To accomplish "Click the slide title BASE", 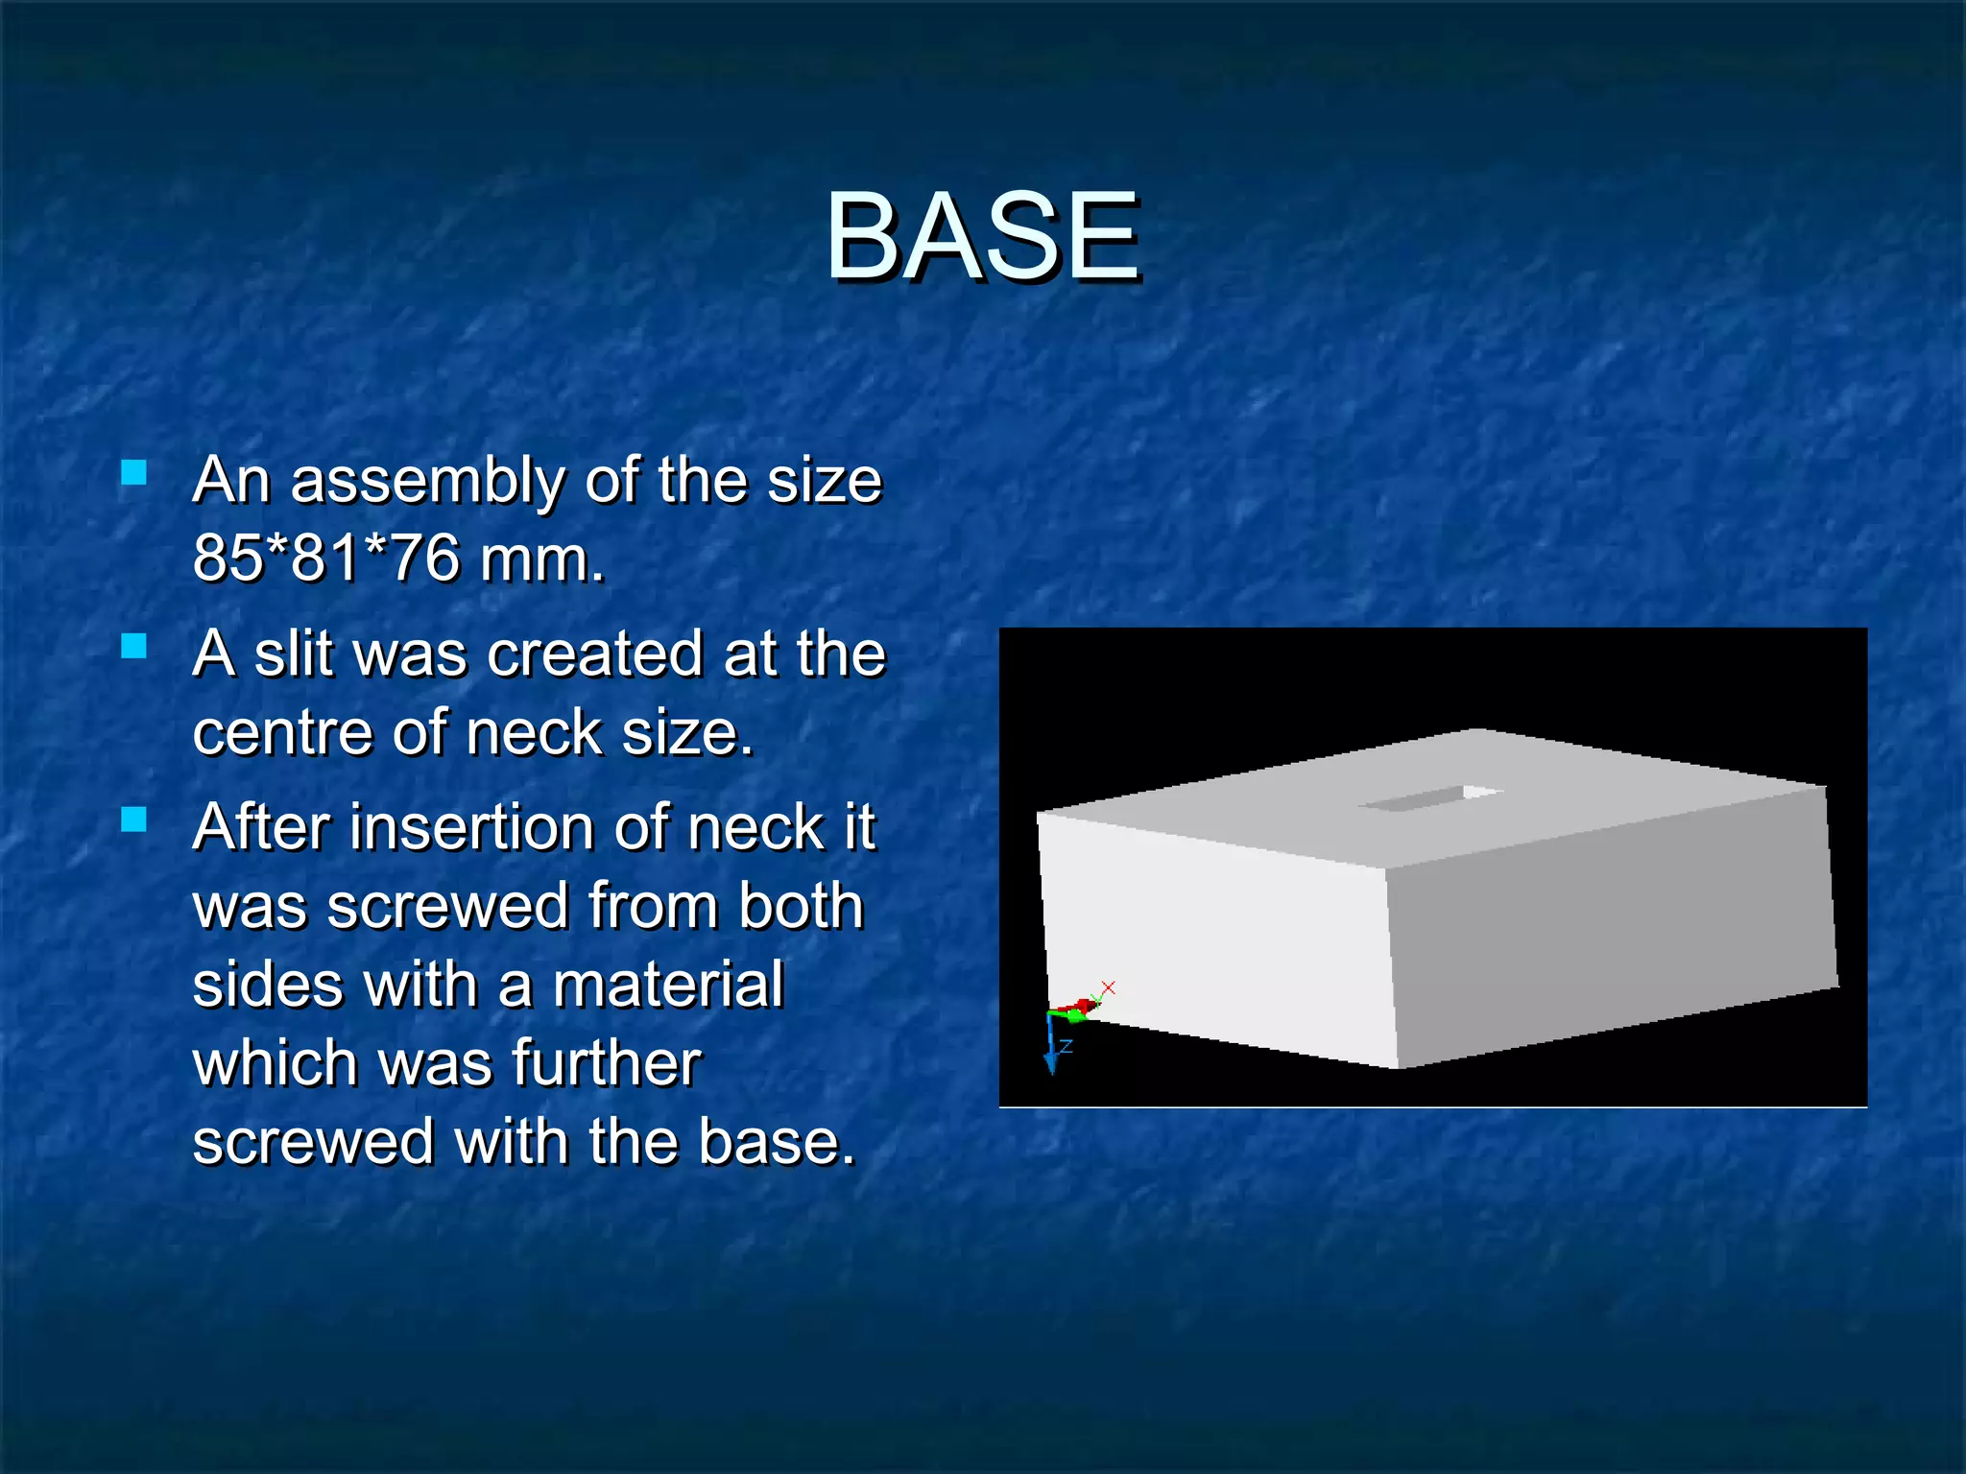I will coord(983,237).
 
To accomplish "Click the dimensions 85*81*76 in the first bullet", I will coord(326,559).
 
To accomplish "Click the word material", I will coord(669,986).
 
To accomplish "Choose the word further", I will coord(607,1064).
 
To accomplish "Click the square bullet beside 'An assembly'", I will coord(134,472).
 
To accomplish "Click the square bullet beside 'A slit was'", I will coord(134,647).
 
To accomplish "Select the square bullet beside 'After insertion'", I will coord(134,820).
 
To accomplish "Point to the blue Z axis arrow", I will coord(1052,1046).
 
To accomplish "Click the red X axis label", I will coord(1109,987).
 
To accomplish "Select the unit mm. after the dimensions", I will coord(542,559).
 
